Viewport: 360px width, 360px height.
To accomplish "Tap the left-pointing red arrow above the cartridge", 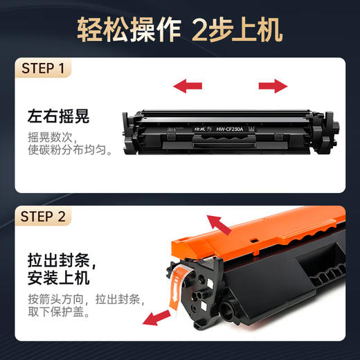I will [188, 86].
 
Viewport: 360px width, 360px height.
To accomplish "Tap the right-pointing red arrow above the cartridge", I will [273, 86].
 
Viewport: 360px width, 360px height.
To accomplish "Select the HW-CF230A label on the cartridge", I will [235, 128].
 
